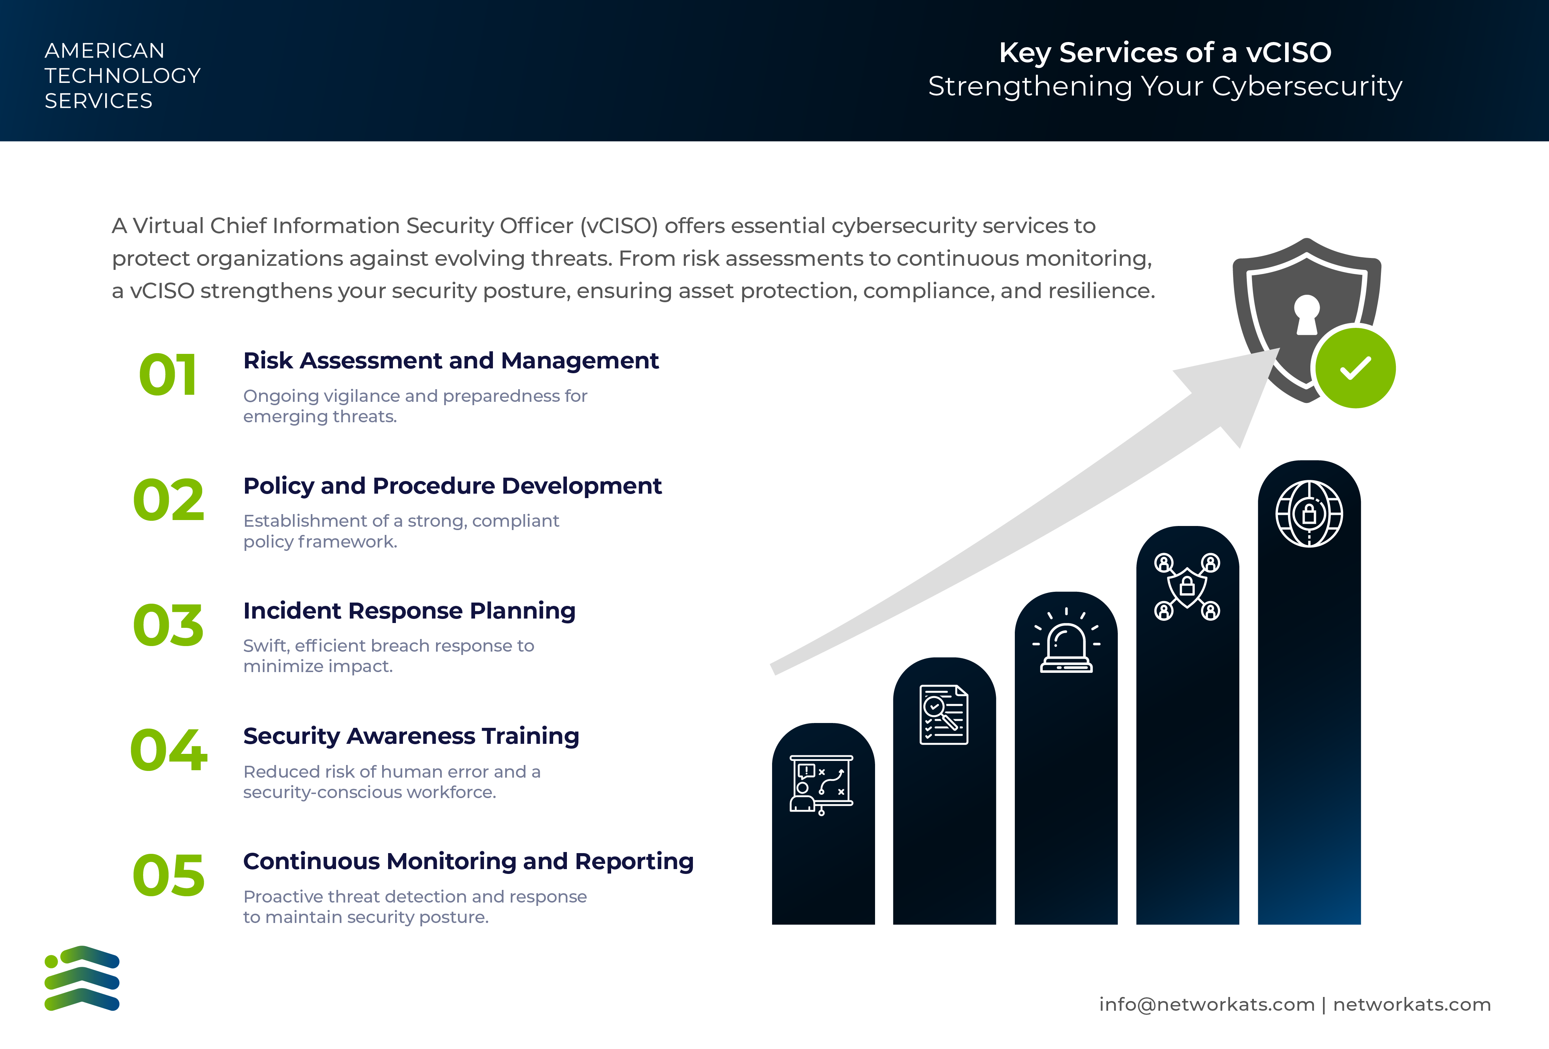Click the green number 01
tap(168, 375)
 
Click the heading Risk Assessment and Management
tap(451, 361)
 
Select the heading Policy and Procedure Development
tap(452, 486)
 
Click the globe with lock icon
tap(1309, 514)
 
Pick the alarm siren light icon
tap(1066, 642)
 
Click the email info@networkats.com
tap(1206, 1004)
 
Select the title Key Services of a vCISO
tap(1165, 53)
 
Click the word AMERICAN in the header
tap(105, 51)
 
